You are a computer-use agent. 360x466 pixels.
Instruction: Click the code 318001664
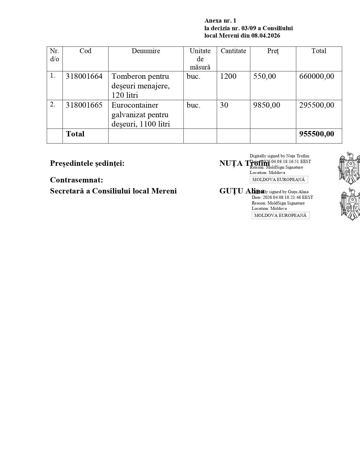[84, 77]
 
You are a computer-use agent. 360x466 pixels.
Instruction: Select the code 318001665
[84, 105]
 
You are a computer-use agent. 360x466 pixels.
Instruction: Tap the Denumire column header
[146, 51]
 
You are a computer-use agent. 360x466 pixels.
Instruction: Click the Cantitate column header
[233, 51]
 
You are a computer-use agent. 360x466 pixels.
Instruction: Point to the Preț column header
[273, 51]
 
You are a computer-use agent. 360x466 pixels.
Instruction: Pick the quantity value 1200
[228, 77]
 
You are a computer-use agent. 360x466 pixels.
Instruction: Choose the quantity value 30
[224, 105]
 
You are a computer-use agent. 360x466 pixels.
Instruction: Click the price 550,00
[265, 77]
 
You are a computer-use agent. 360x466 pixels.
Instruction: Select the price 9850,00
[267, 105]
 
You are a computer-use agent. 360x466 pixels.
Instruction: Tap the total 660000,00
[317, 77]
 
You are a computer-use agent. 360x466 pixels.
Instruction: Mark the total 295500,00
[317, 105]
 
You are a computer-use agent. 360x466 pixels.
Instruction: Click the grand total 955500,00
[317, 134]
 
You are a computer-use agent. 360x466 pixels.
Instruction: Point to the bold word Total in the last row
[75, 134]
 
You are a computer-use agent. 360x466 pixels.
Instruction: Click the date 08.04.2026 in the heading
[266, 36]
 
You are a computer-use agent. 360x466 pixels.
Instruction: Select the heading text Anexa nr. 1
[220, 21]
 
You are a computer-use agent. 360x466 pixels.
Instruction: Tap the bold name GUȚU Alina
[241, 191]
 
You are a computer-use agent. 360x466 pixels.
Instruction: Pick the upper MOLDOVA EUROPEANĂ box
[279, 180]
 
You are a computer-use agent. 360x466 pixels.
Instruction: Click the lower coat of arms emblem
[350, 204]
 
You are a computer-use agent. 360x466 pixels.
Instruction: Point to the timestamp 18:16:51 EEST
[299, 162]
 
